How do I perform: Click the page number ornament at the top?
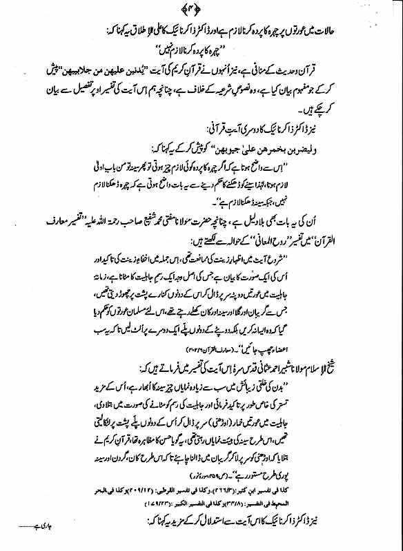(x=201, y=9)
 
